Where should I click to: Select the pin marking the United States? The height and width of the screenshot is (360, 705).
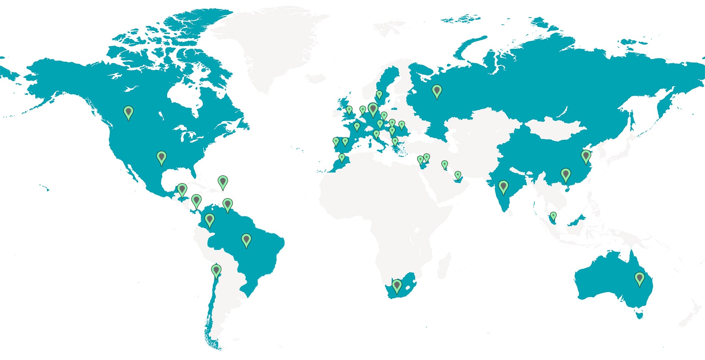click(161, 157)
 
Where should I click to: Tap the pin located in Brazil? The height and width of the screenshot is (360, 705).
click(246, 240)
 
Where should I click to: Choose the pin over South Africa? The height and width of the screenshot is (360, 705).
click(397, 286)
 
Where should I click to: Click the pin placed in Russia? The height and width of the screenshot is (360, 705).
click(437, 91)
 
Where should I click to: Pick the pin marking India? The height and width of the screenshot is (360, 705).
click(503, 186)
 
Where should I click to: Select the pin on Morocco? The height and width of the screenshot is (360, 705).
click(342, 157)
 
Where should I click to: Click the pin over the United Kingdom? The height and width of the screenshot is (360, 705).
click(349, 110)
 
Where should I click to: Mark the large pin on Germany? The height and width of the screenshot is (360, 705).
click(373, 109)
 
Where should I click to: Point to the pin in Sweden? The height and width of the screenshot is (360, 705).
click(379, 94)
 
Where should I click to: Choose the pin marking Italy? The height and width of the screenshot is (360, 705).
click(376, 134)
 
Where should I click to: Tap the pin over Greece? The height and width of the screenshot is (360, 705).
click(395, 141)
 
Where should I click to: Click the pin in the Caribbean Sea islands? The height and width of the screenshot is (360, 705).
click(223, 182)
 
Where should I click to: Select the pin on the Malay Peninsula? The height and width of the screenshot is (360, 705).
click(553, 216)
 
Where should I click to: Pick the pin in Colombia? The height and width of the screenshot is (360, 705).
click(209, 220)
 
